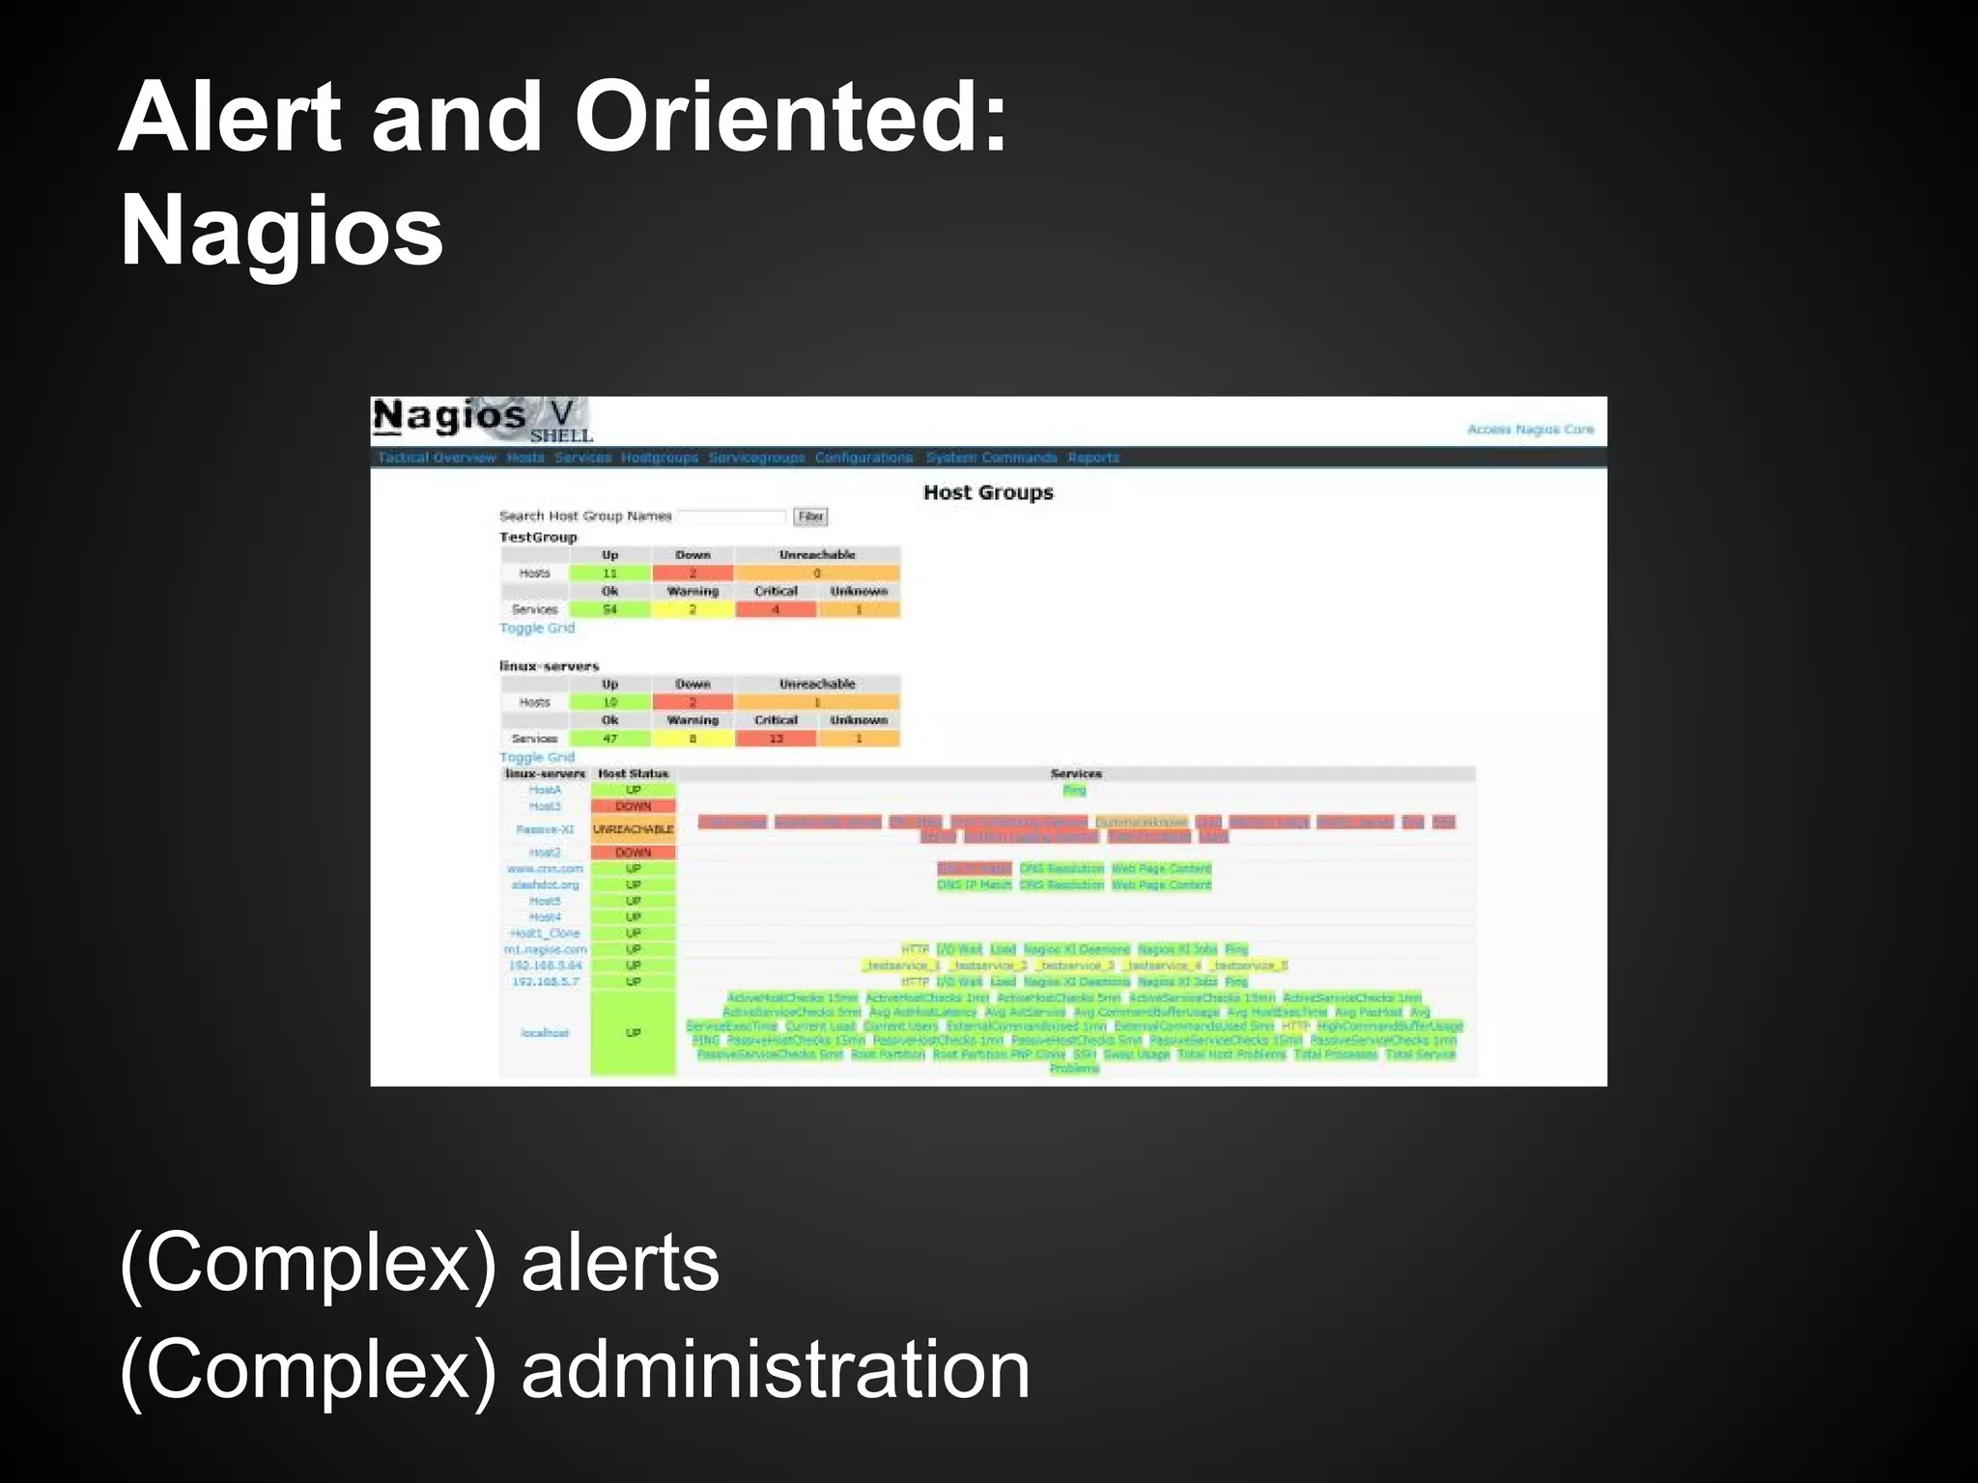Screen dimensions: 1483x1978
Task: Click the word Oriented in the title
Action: tap(790, 118)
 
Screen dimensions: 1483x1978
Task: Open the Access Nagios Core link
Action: tap(1530, 430)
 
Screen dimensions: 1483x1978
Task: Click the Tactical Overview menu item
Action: tap(436, 458)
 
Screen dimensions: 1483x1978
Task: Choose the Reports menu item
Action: tap(1092, 458)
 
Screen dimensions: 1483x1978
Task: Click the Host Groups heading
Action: tap(987, 492)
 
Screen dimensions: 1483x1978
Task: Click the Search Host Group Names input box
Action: tap(731, 517)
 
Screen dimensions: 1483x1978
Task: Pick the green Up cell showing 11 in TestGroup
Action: tap(609, 574)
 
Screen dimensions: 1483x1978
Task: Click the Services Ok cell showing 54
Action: tap(609, 609)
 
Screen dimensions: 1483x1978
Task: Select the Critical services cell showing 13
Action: tap(776, 739)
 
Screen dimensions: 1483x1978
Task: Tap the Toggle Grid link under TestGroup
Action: tap(536, 629)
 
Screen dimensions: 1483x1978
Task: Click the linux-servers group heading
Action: tap(549, 666)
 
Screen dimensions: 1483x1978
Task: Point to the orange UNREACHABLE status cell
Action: tap(633, 829)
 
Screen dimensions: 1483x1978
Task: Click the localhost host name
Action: tap(545, 1033)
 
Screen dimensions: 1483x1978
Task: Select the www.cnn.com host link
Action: tap(545, 869)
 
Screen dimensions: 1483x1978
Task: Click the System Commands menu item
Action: tap(991, 458)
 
